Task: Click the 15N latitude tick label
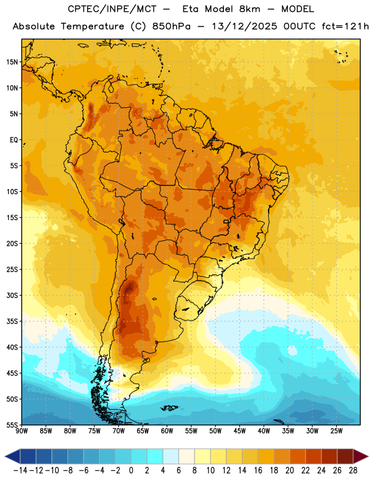(x=12, y=62)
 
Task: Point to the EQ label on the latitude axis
(x=14, y=140)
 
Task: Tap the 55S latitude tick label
(x=12, y=425)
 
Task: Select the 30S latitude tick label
(x=12, y=295)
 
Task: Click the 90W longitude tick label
(x=21, y=430)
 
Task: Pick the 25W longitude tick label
(x=336, y=430)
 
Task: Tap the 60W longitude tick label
(x=167, y=430)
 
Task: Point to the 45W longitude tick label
(x=239, y=430)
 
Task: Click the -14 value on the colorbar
(x=20, y=470)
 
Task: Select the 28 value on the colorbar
(x=353, y=470)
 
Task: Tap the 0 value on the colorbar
(x=131, y=470)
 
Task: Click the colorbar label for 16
(x=258, y=470)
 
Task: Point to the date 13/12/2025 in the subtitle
(x=244, y=26)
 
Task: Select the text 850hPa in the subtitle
(x=171, y=26)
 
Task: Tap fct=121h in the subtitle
(x=345, y=26)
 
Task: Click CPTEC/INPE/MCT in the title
(x=112, y=9)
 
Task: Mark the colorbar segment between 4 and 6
(x=171, y=456)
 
